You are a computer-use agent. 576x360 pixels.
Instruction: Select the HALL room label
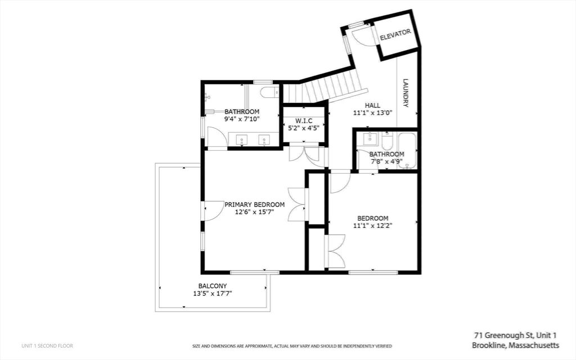[372, 105]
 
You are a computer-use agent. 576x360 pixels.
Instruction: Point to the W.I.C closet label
[303, 120]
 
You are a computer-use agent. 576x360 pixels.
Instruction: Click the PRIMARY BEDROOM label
[254, 205]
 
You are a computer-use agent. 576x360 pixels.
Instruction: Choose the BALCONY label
[212, 286]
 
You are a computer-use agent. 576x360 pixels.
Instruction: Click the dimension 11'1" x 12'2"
[372, 226]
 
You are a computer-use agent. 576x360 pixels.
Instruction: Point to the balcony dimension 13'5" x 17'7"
[212, 293]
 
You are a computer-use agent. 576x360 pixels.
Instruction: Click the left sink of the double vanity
[241, 140]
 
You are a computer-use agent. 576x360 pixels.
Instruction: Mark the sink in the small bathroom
[370, 138]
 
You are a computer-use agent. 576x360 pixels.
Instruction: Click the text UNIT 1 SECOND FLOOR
[47, 345]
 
